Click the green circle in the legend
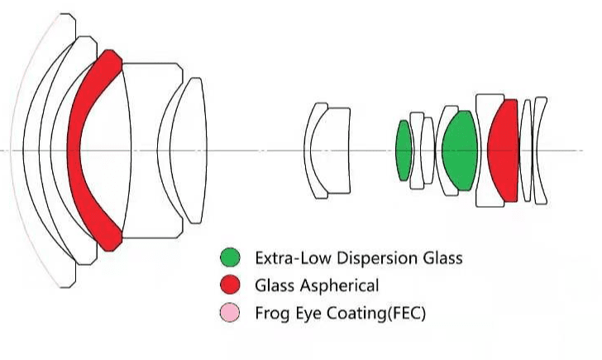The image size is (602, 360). pos(232,257)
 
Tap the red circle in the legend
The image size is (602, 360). pos(232,286)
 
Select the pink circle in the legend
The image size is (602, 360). pos(232,313)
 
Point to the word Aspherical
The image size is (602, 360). pos(339,286)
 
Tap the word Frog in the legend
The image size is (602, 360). pos(273,314)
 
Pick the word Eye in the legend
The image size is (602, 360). pos(309,314)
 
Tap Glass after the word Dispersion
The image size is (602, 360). pos(438,257)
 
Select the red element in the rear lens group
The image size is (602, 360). pos(502,150)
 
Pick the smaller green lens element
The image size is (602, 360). pos(404,151)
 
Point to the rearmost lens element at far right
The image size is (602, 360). pos(540,150)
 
